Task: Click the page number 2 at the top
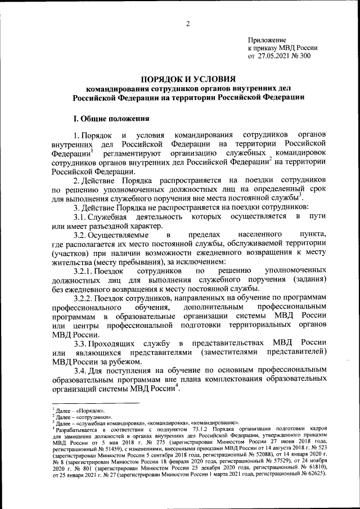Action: tap(188, 23)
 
